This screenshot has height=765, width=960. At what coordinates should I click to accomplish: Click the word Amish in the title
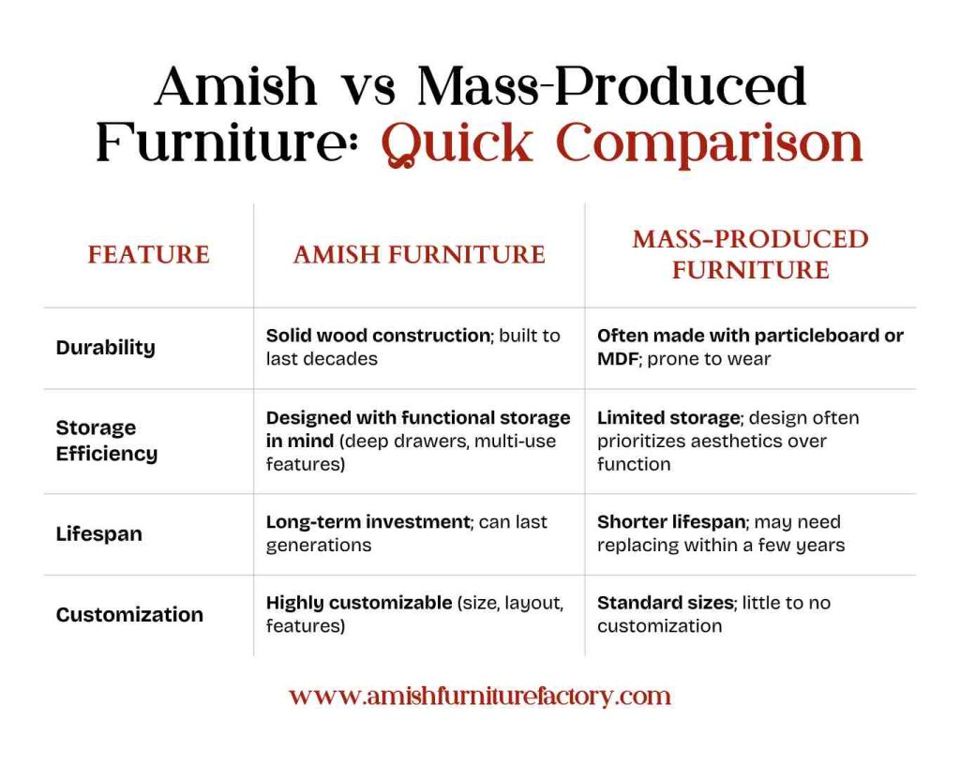[x=236, y=86]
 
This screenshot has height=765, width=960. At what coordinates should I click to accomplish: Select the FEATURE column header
[x=148, y=254]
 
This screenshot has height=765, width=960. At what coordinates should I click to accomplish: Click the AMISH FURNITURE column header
[x=419, y=254]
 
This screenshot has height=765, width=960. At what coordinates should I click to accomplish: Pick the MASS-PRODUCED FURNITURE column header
[x=750, y=254]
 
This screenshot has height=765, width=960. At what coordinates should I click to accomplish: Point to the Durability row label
[x=105, y=347]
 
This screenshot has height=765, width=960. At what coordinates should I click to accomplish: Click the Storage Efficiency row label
[x=106, y=441]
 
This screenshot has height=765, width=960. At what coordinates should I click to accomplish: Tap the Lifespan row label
[x=98, y=533]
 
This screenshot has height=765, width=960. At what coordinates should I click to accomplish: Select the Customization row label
[x=129, y=614]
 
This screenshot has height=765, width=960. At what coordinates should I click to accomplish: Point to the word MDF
[x=618, y=358]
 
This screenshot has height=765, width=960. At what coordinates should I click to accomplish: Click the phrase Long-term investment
[x=367, y=521]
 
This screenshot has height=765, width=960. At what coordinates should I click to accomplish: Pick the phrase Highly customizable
[x=359, y=603]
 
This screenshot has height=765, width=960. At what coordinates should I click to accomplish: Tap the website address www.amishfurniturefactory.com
[x=479, y=696]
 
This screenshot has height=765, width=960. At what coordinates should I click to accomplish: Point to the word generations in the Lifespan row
[x=319, y=545]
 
